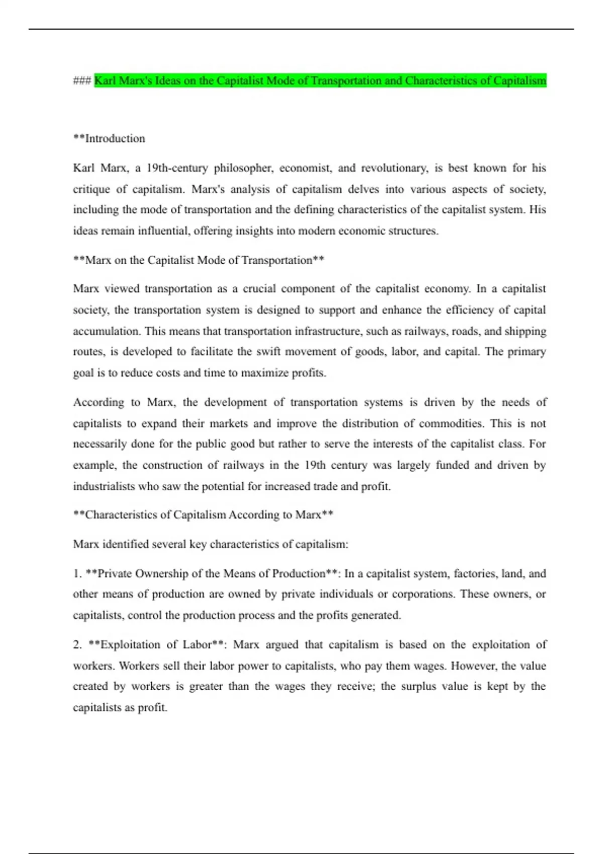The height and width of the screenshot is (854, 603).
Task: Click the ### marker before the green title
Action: (x=82, y=81)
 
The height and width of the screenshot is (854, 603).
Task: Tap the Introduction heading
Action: (x=115, y=139)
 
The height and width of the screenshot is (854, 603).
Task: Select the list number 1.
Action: (x=77, y=574)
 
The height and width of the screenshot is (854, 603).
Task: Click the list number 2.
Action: (x=77, y=645)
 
